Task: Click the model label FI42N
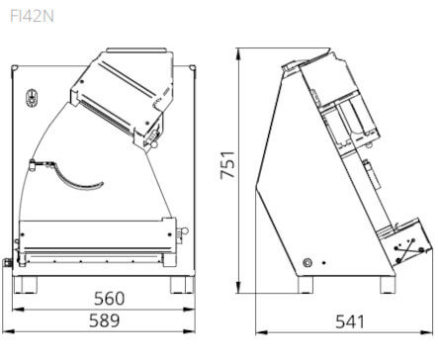(x=32, y=16)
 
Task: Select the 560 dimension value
(x=110, y=299)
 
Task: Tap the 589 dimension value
(x=105, y=320)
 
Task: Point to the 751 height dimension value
(x=227, y=165)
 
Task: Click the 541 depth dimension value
(x=350, y=321)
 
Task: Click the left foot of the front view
(x=25, y=285)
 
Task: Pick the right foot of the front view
(x=181, y=285)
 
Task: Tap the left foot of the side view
(x=306, y=285)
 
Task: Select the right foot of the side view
(x=388, y=285)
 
